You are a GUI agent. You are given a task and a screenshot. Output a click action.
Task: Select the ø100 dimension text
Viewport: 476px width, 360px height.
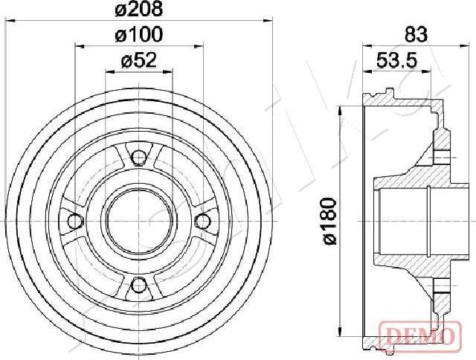(x=138, y=34)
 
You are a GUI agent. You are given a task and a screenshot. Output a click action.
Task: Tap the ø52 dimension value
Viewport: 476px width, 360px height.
(x=138, y=62)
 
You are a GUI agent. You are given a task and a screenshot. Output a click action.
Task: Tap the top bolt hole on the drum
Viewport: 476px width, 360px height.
(x=138, y=156)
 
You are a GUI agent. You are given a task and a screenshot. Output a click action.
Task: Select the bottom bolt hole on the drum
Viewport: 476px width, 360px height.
(x=138, y=285)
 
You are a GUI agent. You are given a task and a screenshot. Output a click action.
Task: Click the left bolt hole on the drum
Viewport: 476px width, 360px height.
(x=74, y=221)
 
